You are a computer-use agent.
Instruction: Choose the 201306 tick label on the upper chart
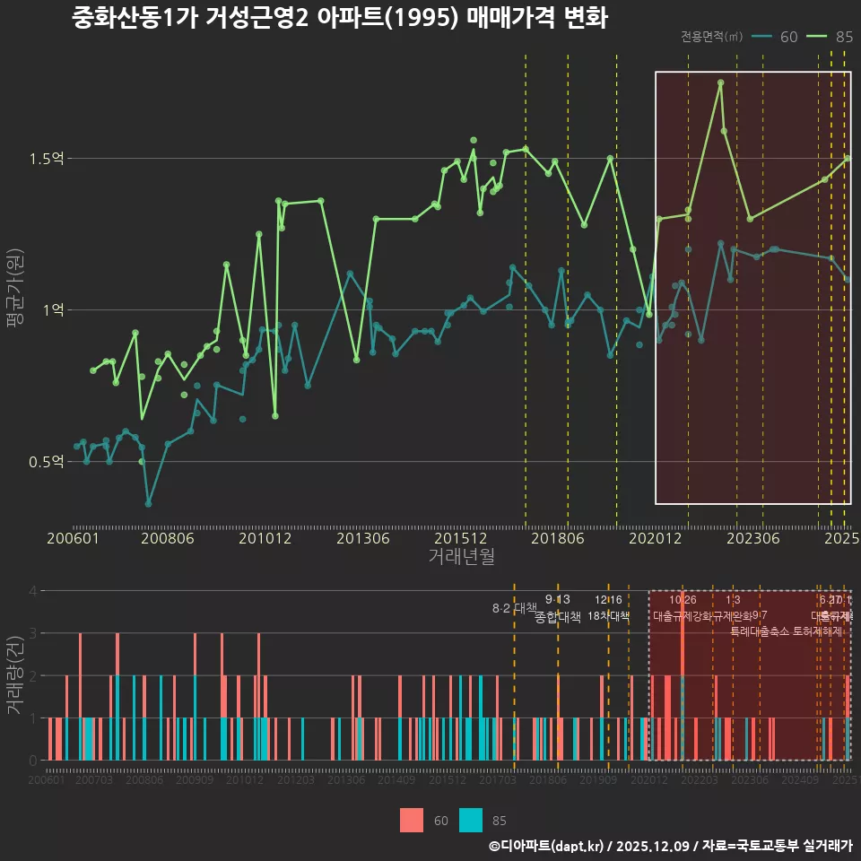coord(362,538)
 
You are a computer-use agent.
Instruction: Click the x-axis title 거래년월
coord(461,557)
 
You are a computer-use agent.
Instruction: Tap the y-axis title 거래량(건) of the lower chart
coord(14,675)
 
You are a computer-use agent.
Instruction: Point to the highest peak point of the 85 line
coord(720,83)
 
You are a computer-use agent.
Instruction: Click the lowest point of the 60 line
coord(149,504)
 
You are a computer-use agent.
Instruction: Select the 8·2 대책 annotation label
coord(514,608)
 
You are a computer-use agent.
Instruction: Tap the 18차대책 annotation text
coord(609,616)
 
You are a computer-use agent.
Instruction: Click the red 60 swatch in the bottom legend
coord(412,820)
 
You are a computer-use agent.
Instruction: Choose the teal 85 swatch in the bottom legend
coord(471,820)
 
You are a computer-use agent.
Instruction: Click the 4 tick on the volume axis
coord(33,591)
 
